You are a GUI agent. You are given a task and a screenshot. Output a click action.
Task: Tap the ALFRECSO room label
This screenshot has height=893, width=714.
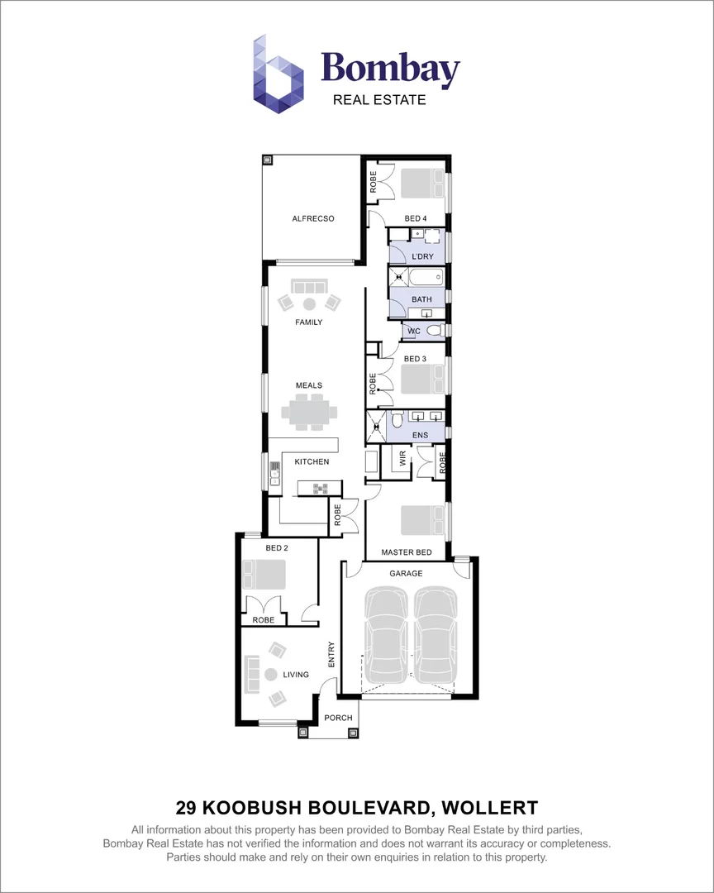[312, 219]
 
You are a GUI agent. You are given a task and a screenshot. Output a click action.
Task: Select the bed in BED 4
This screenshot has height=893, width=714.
[422, 183]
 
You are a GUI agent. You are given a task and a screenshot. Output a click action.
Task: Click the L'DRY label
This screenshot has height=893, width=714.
[422, 257]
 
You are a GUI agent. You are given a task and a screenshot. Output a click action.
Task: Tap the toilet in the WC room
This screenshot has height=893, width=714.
[435, 331]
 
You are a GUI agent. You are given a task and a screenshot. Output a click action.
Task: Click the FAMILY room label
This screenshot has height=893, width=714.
[309, 322]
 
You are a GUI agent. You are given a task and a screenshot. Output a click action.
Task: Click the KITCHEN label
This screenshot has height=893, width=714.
[312, 461]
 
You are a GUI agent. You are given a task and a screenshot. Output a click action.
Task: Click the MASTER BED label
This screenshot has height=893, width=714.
[407, 552]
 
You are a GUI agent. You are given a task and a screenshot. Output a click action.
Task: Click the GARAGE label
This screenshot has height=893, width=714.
[406, 573]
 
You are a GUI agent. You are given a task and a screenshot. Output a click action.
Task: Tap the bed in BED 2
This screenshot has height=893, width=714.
[263, 574]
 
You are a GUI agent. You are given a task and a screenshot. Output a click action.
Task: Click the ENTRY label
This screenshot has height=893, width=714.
[331, 655]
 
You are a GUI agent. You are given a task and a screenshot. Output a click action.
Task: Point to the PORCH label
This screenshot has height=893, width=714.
[337, 717]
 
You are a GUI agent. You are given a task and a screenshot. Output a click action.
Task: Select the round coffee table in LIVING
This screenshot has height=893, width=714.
[272, 674]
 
